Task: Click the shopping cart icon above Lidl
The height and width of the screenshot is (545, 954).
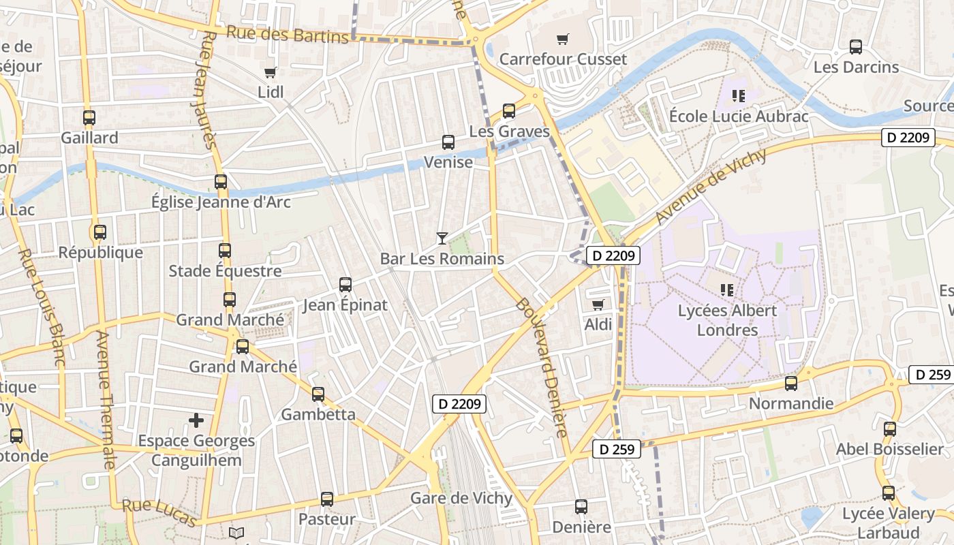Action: [x=270, y=72]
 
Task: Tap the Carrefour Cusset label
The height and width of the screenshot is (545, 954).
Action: [x=563, y=59]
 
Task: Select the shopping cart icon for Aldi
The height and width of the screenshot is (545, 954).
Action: [x=598, y=305]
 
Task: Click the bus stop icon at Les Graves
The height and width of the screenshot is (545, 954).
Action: [x=508, y=111]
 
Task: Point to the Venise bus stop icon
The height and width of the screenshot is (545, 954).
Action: [x=448, y=142]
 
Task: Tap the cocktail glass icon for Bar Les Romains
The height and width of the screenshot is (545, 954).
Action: [x=442, y=238]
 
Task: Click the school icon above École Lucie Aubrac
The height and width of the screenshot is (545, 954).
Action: [x=738, y=96]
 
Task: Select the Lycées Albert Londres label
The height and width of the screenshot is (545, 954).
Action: [x=727, y=320]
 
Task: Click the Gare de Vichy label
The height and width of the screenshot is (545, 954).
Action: [x=461, y=498]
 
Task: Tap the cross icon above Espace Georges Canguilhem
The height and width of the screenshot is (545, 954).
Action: [x=196, y=420]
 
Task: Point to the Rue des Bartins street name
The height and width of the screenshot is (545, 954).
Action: [x=287, y=33]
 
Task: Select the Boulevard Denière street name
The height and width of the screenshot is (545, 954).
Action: [x=542, y=368]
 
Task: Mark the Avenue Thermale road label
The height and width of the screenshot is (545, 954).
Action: [x=105, y=400]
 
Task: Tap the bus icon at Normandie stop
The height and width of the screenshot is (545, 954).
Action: [x=790, y=384]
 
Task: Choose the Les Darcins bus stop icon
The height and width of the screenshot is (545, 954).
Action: [x=856, y=47]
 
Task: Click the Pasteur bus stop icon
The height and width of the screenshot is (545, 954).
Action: [x=327, y=499]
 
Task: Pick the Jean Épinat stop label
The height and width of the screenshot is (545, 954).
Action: [x=345, y=305]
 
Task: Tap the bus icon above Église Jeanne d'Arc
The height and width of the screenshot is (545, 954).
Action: [x=221, y=182]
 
